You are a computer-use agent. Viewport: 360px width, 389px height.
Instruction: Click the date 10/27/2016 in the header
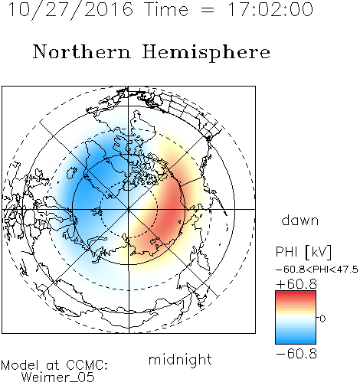[x=70, y=10]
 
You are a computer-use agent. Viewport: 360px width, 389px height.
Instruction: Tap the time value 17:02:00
[x=270, y=9]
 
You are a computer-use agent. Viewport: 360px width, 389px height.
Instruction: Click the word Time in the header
[x=166, y=9]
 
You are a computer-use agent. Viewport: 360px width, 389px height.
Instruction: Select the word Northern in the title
[x=82, y=52]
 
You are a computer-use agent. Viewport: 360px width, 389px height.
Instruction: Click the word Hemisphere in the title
[x=206, y=53]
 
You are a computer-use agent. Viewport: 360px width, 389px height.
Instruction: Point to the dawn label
[x=300, y=220]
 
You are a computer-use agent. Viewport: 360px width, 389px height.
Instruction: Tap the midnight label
[x=180, y=359]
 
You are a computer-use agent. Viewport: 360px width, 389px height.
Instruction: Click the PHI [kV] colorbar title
[x=303, y=252]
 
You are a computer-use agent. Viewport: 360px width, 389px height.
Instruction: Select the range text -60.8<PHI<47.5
[x=317, y=270]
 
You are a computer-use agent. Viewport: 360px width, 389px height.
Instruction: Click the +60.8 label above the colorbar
[x=296, y=284]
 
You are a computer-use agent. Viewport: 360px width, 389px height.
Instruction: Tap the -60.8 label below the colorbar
[x=296, y=354]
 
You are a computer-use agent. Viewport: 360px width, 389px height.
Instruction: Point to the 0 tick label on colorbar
[x=322, y=319]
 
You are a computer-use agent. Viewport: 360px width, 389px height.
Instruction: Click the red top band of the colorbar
[x=296, y=296]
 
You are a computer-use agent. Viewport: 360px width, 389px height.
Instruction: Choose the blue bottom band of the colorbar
[x=296, y=338]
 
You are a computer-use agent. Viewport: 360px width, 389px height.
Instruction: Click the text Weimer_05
[x=58, y=378]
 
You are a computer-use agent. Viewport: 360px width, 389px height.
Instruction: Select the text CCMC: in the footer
[x=87, y=365]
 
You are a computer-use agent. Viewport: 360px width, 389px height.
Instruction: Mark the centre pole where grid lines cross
[x=129, y=209]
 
